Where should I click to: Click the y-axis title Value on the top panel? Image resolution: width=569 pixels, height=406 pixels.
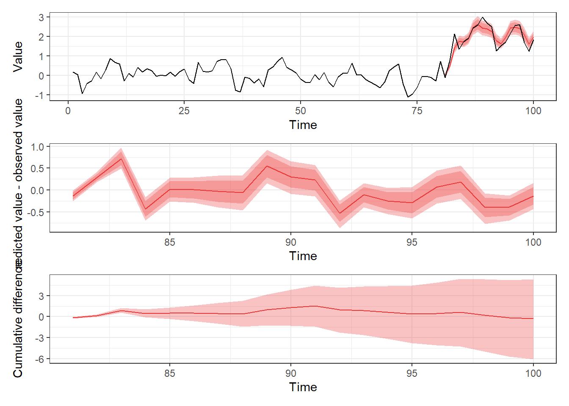click(x=17, y=57)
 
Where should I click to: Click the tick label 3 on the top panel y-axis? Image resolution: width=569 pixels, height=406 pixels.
click(x=41, y=17)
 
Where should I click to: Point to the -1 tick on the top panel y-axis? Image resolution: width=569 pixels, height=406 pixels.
click(x=39, y=95)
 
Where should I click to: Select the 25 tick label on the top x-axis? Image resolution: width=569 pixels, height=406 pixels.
click(x=184, y=111)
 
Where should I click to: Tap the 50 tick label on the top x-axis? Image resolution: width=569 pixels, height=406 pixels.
click(x=301, y=111)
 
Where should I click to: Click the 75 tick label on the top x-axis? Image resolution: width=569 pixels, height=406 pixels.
click(x=417, y=111)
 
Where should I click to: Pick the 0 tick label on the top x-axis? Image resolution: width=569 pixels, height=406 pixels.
click(x=68, y=111)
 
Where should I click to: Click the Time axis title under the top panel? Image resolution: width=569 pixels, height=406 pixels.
click(x=303, y=125)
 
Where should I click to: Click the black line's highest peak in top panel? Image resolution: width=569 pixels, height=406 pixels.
click(x=483, y=17)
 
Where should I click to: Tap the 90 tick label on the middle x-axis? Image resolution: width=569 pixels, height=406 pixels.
click(x=290, y=242)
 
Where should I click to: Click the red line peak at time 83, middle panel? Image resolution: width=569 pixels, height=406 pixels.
click(x=122, y=159)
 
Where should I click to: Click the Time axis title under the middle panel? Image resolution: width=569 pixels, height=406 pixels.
click(x=303, y=256)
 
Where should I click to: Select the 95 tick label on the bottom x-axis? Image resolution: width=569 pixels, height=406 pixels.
click(x=412, y=373)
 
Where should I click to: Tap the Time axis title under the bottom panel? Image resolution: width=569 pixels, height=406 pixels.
click(x=303, y=387)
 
